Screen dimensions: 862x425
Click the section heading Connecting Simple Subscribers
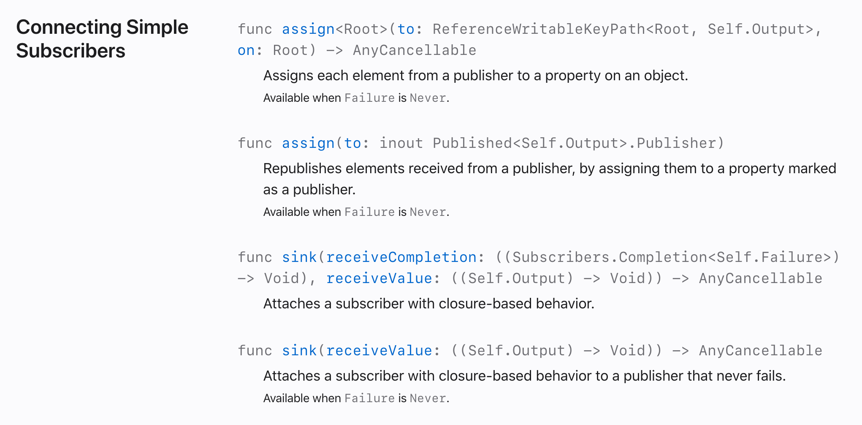coord(102,39)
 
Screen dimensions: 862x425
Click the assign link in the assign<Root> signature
coord(308,29)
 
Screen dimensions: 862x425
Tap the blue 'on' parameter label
coord(246,50)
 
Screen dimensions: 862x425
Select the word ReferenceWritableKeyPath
coord(539,29)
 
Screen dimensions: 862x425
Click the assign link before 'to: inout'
coord(308,143)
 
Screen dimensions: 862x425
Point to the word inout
coord(401,143)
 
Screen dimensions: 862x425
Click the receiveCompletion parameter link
coord(401,257)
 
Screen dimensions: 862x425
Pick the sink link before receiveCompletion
coord(299,257)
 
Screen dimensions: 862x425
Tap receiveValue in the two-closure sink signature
coord(379,278)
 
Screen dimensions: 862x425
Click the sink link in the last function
coord(299,351)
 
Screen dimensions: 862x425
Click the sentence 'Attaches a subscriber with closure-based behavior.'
coord(429,304)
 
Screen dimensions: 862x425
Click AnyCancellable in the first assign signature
coord(415,50)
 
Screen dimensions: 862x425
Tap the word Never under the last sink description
coord(428,398)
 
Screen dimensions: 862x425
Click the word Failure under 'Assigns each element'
coord(369,98)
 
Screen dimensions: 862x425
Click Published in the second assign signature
coord(472,143)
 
